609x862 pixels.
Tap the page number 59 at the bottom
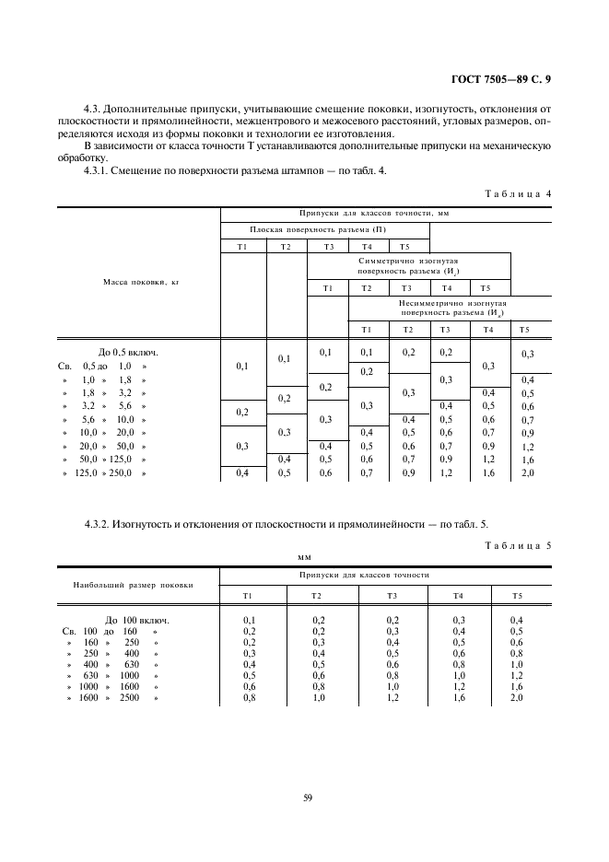307,798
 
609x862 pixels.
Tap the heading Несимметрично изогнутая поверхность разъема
450,307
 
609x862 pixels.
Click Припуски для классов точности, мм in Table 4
385,213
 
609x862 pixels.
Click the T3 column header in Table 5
392,596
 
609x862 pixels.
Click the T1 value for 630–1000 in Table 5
248,676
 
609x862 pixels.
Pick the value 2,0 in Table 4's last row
528,473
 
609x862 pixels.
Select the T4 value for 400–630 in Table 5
458,665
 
